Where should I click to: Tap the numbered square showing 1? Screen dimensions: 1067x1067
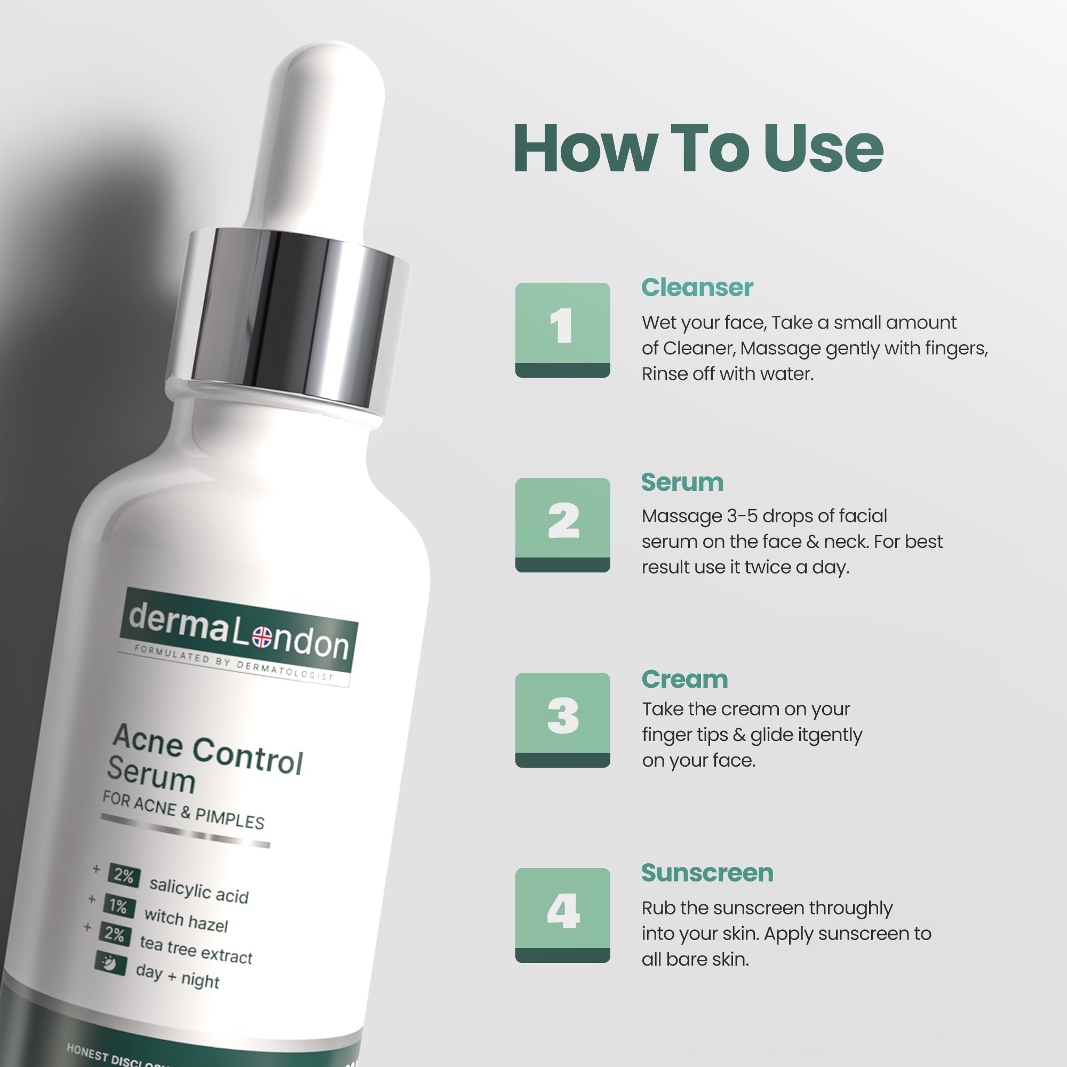(x=562, y=330)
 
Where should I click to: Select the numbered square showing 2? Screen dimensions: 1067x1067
(x=562, y=524)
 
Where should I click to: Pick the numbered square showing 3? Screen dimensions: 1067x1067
(x=562, y=720)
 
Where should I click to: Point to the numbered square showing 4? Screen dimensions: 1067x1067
(x=562, y=915)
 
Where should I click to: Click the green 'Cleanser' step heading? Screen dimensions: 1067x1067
(x=697, y=288)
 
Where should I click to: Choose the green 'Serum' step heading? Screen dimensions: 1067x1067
(x=682, y=482)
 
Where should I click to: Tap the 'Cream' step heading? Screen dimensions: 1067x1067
(x=684, y=679)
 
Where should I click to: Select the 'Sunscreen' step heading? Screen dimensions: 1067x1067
(x=707, y=873)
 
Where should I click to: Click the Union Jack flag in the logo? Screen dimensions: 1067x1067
(x=262, y=637)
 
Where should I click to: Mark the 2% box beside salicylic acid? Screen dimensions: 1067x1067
(x=124, y=876)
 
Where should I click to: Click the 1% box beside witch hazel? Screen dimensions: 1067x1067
(x=119, y=906)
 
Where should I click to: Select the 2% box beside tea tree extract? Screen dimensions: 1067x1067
(x=115, y=934)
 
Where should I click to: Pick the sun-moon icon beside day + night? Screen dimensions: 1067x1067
(x=110, y=963)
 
